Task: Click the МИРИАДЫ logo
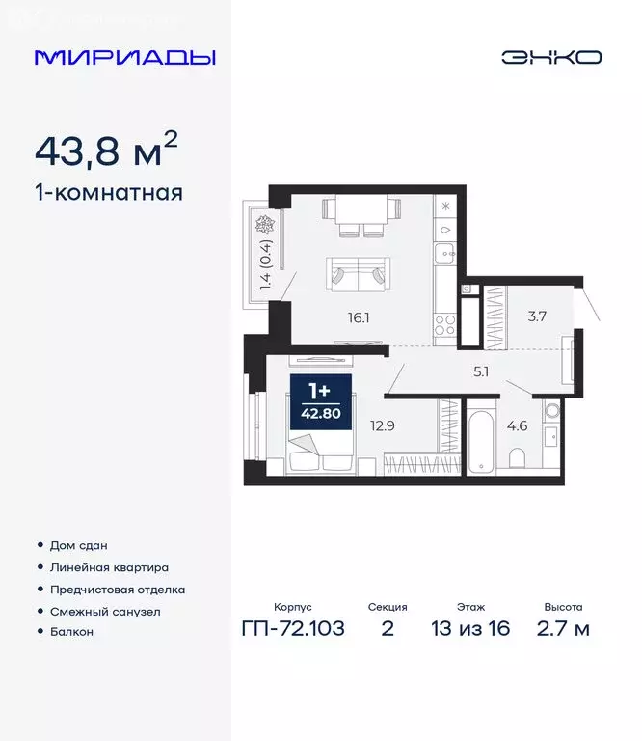(x=124, y=57)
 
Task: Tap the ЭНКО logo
(x=550, y=57)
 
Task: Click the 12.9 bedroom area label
(x=384, y=422)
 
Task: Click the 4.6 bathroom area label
(x=517, y=425)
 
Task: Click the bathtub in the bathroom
(x=482, y=441)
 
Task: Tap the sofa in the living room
(x=357, y=273)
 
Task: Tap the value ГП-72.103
(x=293, y=629)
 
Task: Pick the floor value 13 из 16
(x=471, y=629)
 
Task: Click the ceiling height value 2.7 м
(x=563, y=629)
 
